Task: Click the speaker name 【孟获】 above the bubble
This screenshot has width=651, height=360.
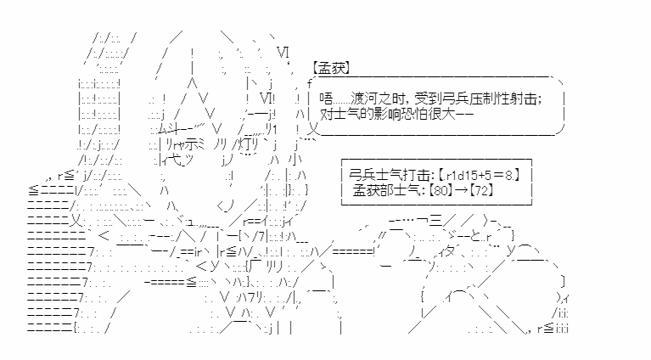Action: click(x=331, y=68)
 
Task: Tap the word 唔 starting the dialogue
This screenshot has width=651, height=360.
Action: click(x=326, y=98)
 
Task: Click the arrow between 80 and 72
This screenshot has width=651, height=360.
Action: click(x=460, y=190)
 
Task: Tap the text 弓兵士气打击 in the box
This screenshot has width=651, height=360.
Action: click(x=388, y=175)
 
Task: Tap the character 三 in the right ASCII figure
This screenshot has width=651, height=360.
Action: click(x=435, y=221)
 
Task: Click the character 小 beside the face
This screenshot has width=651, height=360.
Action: click(x=295, y=160)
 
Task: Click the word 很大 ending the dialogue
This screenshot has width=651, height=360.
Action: click(x=441, y=114)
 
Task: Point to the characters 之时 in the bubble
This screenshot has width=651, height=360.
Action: click(x=390, y=98)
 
